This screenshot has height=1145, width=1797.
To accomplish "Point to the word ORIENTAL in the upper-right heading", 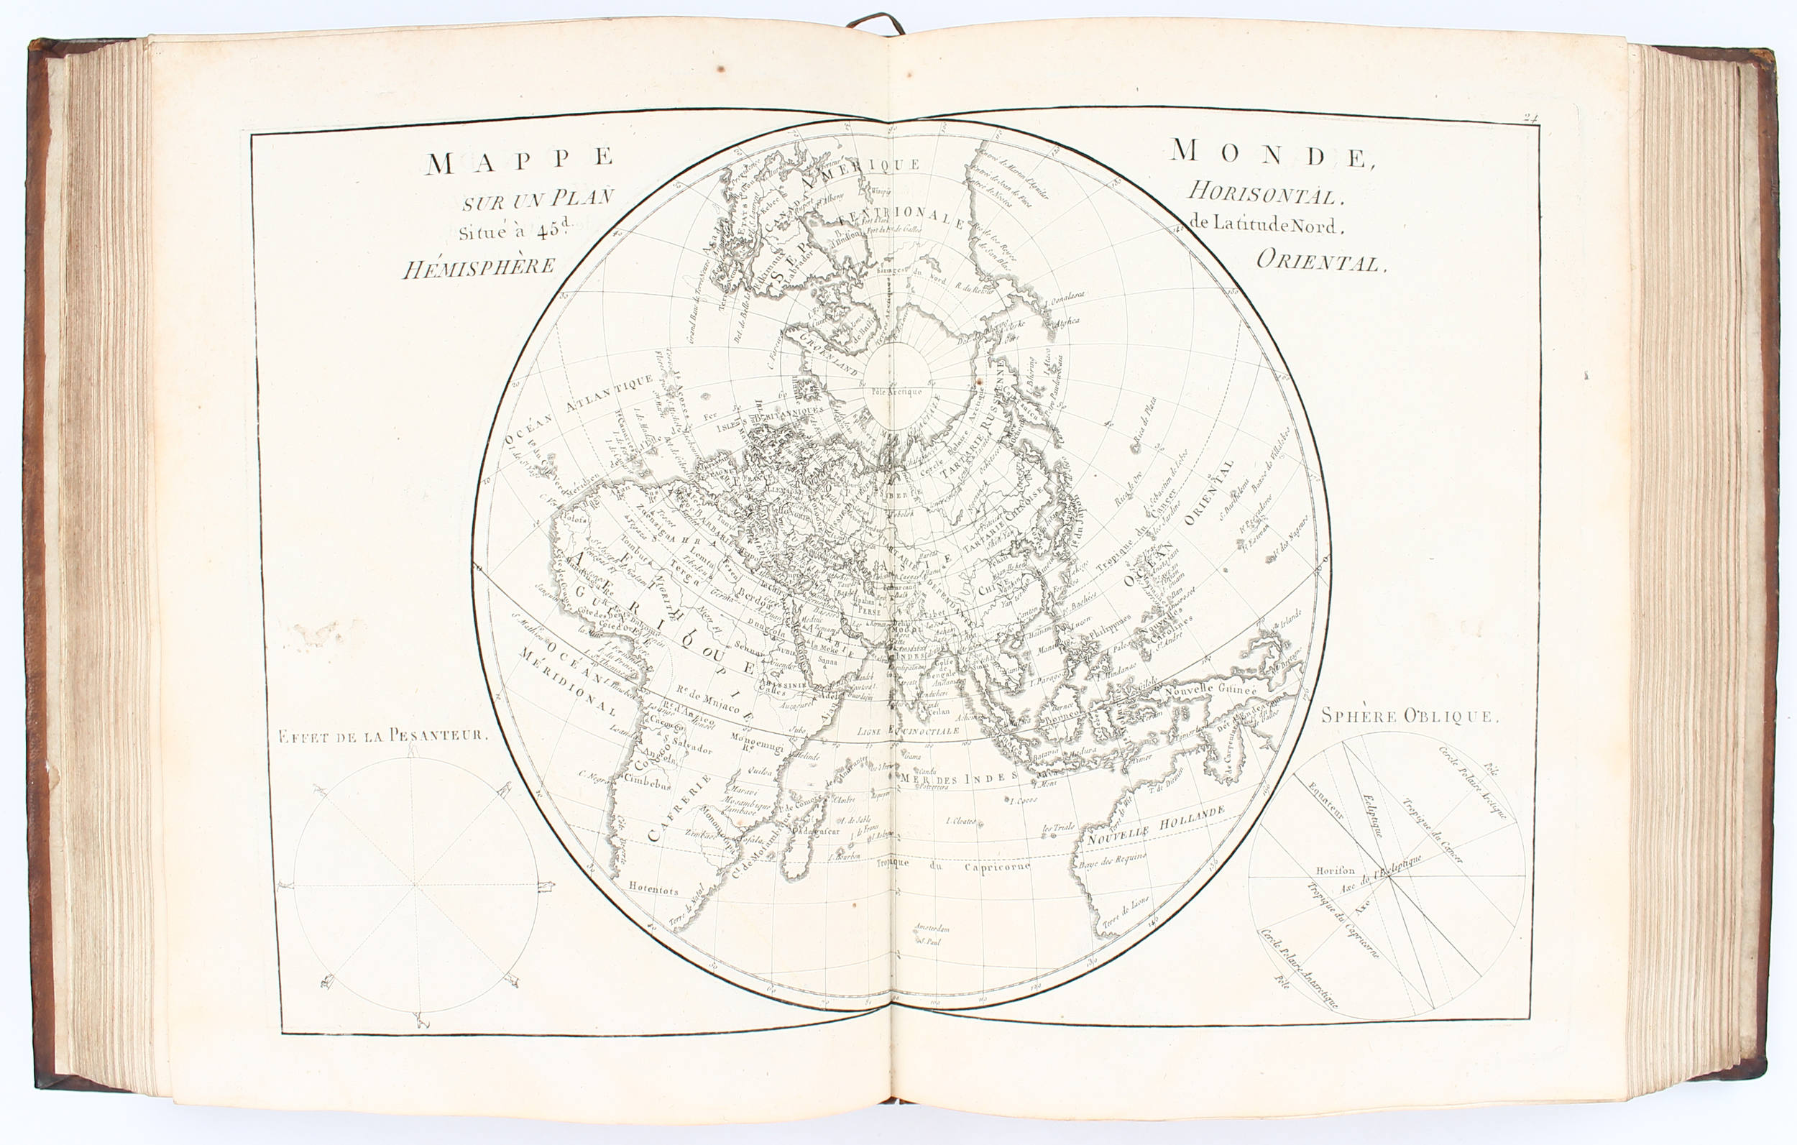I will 1320,260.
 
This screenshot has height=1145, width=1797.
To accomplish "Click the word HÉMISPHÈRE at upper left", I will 479,267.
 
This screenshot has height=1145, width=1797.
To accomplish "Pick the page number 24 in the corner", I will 1530,117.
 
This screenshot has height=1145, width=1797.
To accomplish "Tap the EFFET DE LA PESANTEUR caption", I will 382,736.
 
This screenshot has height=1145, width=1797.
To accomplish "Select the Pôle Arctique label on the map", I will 896,390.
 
